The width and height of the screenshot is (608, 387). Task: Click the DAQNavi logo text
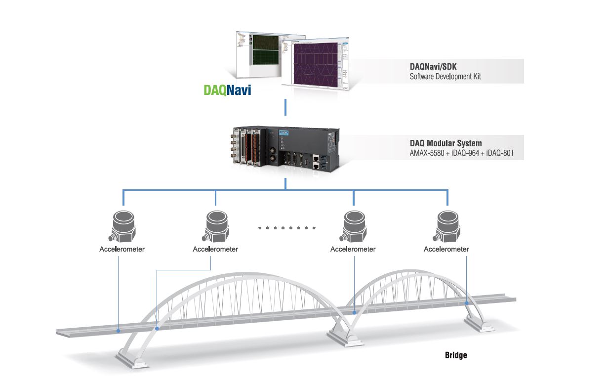[x=227, y=90]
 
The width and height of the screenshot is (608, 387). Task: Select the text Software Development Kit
[x=445, y=77]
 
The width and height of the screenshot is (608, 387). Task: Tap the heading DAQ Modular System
[x=446, y=143]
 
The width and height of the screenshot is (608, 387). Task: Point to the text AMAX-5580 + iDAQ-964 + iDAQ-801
[x=461, y=153]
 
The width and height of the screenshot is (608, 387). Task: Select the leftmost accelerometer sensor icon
[x=122, y=226]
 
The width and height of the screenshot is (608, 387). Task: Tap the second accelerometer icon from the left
[x=216, y=226]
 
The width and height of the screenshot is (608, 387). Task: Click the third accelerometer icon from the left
[x=354, y=226]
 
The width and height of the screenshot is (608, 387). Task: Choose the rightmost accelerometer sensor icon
[x=447, y=226]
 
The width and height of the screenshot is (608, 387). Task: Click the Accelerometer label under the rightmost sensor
[x=446, y=249]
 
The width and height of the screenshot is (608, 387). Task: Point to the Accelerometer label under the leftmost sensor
[x=122, y=249]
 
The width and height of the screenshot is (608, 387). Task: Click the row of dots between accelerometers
[x=286, y=228]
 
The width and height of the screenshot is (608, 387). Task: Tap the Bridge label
[x=455, y=355]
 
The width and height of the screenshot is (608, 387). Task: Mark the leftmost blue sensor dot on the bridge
[x=118, y=330]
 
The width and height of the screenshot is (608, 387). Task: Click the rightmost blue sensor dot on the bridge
[x=467, y=303]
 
